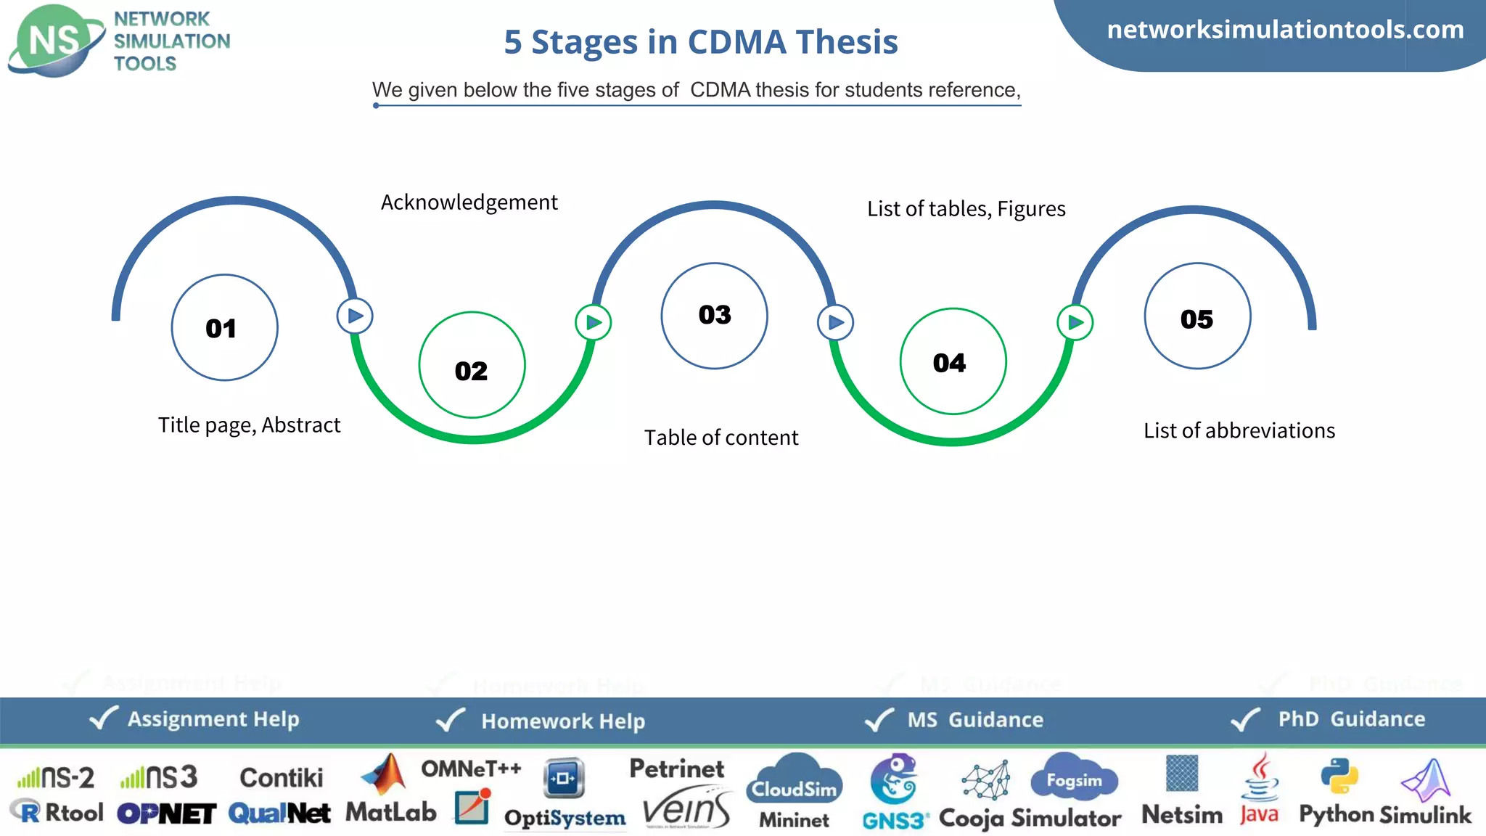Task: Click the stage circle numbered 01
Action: [224, 327]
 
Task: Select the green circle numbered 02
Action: [472, 365]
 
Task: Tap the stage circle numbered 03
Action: [714, 316]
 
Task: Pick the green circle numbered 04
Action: [953, 361]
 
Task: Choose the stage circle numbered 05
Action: [1197, 316]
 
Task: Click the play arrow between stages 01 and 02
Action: [355, 316]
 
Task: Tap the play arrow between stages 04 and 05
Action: [1075, 322]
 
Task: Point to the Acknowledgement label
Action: [469, 202]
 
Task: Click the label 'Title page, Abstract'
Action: [249, 425]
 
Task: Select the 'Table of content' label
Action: [721, 438]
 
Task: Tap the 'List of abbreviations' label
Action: [1239, 430]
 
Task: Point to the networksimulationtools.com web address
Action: [1285, 29]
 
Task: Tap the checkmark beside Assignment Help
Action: [103, 718]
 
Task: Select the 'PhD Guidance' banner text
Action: [1351, 718]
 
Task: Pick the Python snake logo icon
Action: [1339, 776]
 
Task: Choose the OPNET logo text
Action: [166, 814]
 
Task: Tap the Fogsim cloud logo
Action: [1074, 776]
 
